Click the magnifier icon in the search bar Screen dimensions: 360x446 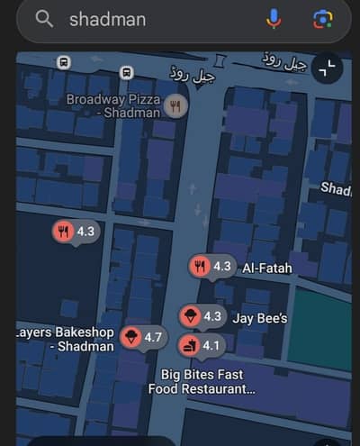pyautogui.click(x=44, y=20)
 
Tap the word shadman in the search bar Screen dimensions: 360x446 pyautogui.click(x=107, y=20)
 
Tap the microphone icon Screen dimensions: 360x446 pyautogui.click(x=274, y=19)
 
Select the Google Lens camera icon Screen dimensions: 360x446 pyautogui.click(x=321, y=19)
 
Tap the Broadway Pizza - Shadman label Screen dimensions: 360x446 pyautogui.click(x=113, y=105)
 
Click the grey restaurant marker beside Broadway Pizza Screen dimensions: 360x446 pyautogui.click(x=175, y=107)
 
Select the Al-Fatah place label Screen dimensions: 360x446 pyautogui.click(x=266, y=268)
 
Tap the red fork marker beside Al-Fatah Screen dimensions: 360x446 pyautogui.click(x=200, y=266)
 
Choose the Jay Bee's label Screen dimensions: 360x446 pyautogui.click(x=260, y=318)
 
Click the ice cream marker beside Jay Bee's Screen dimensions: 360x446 pyautogui.click(x=191, y=316)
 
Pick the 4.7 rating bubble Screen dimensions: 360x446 pyautogui.click(x=152, y=337)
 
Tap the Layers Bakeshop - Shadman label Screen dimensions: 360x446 pyautogui.click(x=65, y=339)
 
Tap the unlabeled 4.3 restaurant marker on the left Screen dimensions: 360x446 pyautogui.click(x=74, y=232)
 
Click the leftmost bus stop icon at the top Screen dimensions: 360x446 pyautogui.click(x=64, y=62)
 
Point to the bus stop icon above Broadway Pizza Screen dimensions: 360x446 pyautogui.click(x=127, y=71)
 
